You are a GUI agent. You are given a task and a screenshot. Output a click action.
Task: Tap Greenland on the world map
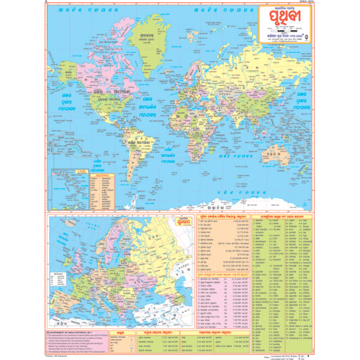tap(147, 37)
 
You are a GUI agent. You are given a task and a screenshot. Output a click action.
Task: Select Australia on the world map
tap(288, 151)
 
